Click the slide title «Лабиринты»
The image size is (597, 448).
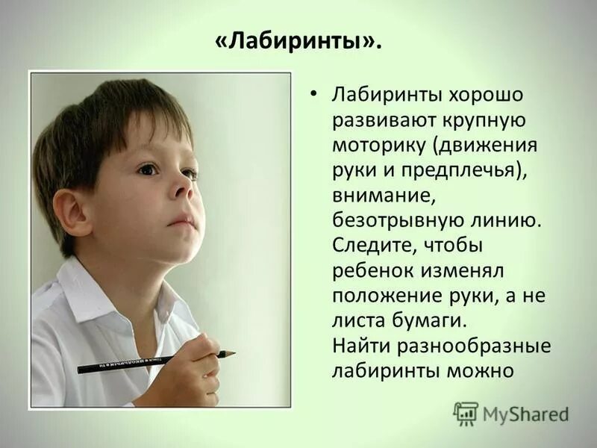pos(298,42)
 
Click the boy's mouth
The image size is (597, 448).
pos(181,222)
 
